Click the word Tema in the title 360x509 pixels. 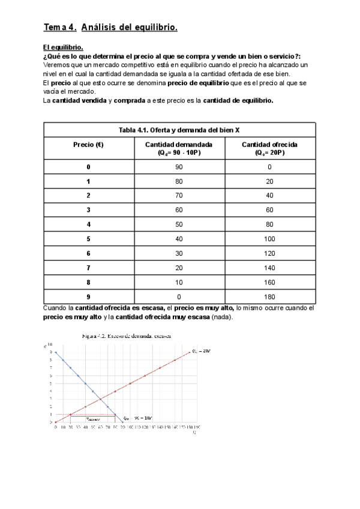click(55, 27)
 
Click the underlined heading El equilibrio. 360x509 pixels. click(63, 47)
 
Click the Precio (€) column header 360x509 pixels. click(89, 145)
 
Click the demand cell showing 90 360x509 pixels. click(178, 167)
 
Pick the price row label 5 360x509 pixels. click(89, 238)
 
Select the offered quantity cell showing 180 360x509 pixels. click(269, 297)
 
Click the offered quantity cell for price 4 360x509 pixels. click(269, 224)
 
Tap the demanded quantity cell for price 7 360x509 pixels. click(178, 268)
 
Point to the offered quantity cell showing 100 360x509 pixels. click(269, 238)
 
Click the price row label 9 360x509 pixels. click(89, 297)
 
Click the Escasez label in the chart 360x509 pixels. click(93, 418)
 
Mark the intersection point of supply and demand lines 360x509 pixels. click(100, 399)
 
